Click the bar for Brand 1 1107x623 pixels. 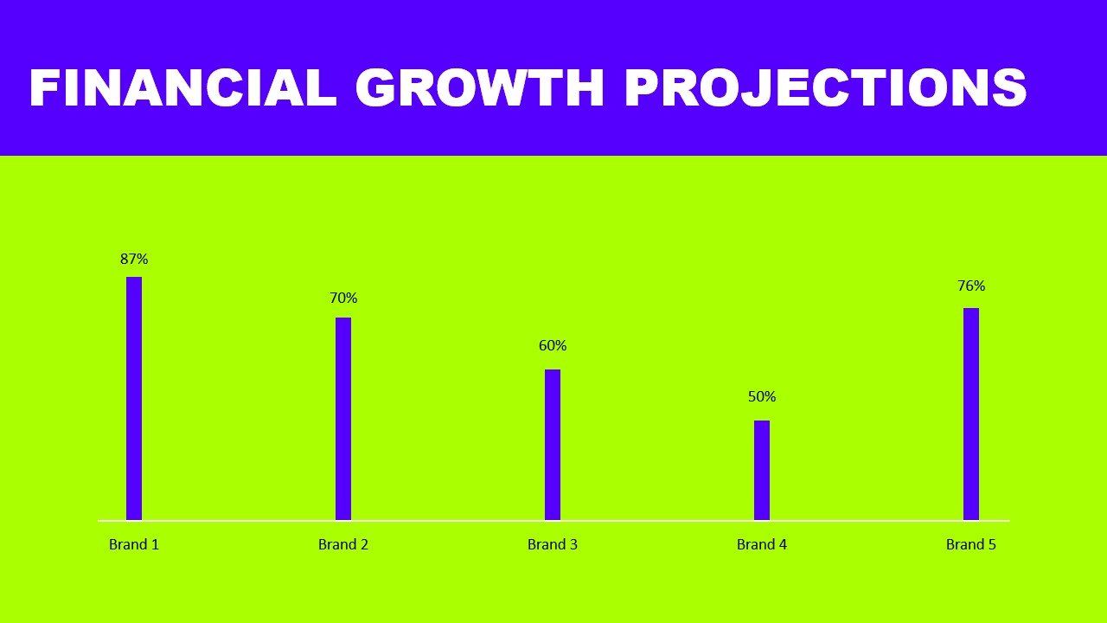[x=134, y=399]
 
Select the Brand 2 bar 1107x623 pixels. [x=343, y=419]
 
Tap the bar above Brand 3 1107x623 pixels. [x=553, y=445]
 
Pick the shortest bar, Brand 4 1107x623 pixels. [x=762, y=470]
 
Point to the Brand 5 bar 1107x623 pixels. [x=971, y=414]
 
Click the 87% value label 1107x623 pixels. [x=134, y=259]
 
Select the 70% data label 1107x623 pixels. [x=343, y=299]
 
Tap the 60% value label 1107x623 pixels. [x=553, y=346]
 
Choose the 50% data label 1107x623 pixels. [x=762, y=396]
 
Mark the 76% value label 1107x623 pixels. [x=971, y=286]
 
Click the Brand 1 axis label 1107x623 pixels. [x=134, y=544]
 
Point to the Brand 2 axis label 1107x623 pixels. [x=343, y=544]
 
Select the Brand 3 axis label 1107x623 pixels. [x=553, y=544]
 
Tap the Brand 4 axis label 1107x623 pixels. [x=762, y=544]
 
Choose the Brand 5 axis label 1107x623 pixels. [x=971, y=544]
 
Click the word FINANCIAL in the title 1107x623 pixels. [x=183, y=87]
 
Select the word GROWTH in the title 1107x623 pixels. [x=479, y=87]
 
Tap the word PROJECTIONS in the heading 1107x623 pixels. [x=826, y=87]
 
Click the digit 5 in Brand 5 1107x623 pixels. [x=992, y=545]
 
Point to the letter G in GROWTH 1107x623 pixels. [x=375, y=87]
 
